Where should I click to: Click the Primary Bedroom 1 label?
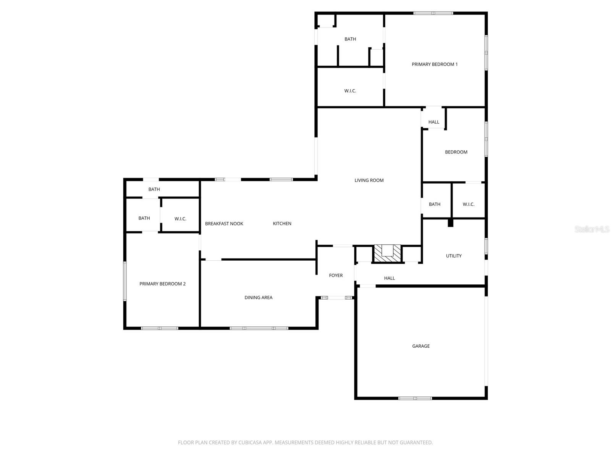point(435,65)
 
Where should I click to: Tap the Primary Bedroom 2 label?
point(162,284)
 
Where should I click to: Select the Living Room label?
point(369,181)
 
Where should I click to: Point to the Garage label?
point(421,346)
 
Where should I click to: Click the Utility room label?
point(454,256)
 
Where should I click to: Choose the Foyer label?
point(336,276)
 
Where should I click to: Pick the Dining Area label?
point(259,298)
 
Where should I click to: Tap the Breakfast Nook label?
point(224,224)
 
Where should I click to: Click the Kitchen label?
point(282,224)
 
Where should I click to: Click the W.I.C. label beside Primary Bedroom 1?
point(350,91)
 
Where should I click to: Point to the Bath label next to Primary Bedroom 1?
point(350,39)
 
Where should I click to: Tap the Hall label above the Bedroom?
point(434,122)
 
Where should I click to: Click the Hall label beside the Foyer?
point(390,278)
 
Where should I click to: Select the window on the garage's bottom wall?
point(415,398)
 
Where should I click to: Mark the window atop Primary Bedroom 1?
point(433,13)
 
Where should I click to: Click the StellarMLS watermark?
point(592,229)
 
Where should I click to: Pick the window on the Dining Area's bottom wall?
point(259,328)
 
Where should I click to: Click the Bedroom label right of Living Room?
point(456,152)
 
